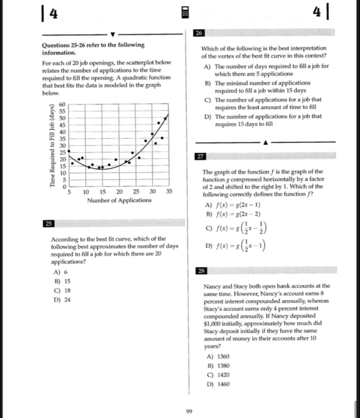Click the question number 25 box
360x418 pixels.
49,223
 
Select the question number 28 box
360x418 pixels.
201,270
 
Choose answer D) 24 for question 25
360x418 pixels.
62,300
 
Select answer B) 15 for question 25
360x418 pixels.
62,281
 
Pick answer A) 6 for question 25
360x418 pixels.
61,272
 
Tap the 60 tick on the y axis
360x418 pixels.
63,104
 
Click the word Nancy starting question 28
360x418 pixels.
213,286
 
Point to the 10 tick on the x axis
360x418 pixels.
86,192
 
